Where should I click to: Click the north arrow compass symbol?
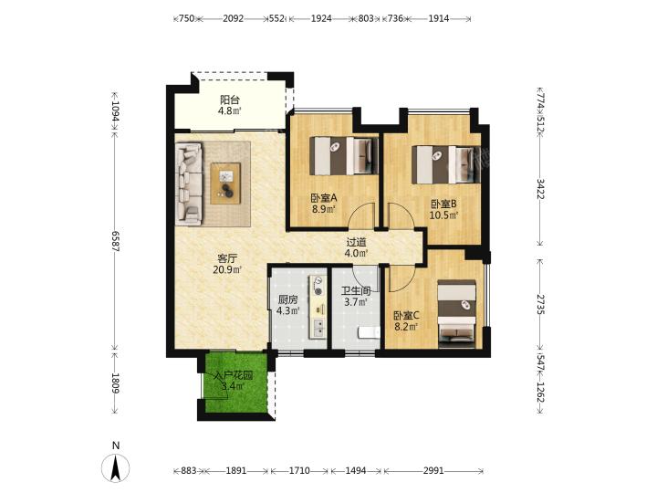click(115, 467)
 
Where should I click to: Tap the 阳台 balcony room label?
click(230, 100)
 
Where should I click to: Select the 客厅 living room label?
click(227, 258)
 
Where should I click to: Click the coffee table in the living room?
click(225, 184)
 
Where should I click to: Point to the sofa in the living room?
click(189, 184)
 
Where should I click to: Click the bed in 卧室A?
click(344, 156)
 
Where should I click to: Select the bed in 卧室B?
click(446, 164)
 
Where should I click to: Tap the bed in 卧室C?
click(457, 314)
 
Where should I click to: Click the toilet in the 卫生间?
click(370, 333)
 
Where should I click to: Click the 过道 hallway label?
click(356, 242)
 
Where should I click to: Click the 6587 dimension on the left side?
click(115, 241)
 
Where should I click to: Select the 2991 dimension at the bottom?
click(433, 471)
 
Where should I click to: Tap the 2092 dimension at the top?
click(233, 18)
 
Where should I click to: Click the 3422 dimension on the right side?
click(540, 189)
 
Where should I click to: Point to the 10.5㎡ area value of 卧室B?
click(443, 215)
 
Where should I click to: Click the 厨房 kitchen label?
click(287, 300)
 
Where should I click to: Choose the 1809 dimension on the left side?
click(115, 383)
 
